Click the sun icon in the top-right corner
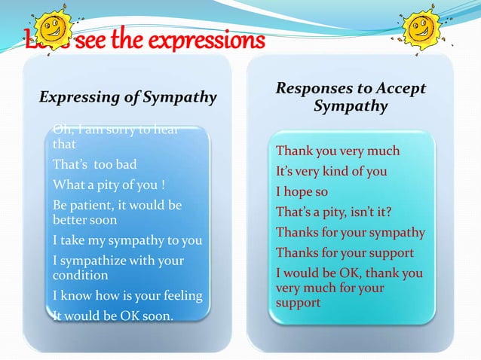422,28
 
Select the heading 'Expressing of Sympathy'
127,97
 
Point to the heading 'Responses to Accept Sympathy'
351,97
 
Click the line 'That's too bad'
93,164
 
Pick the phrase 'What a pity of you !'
109,185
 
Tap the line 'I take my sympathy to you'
127,240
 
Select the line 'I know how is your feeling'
127,295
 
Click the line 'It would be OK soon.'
114,316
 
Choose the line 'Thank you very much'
338,151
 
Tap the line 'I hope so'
302,191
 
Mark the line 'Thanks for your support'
345,252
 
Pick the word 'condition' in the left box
80,275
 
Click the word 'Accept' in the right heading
403,89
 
